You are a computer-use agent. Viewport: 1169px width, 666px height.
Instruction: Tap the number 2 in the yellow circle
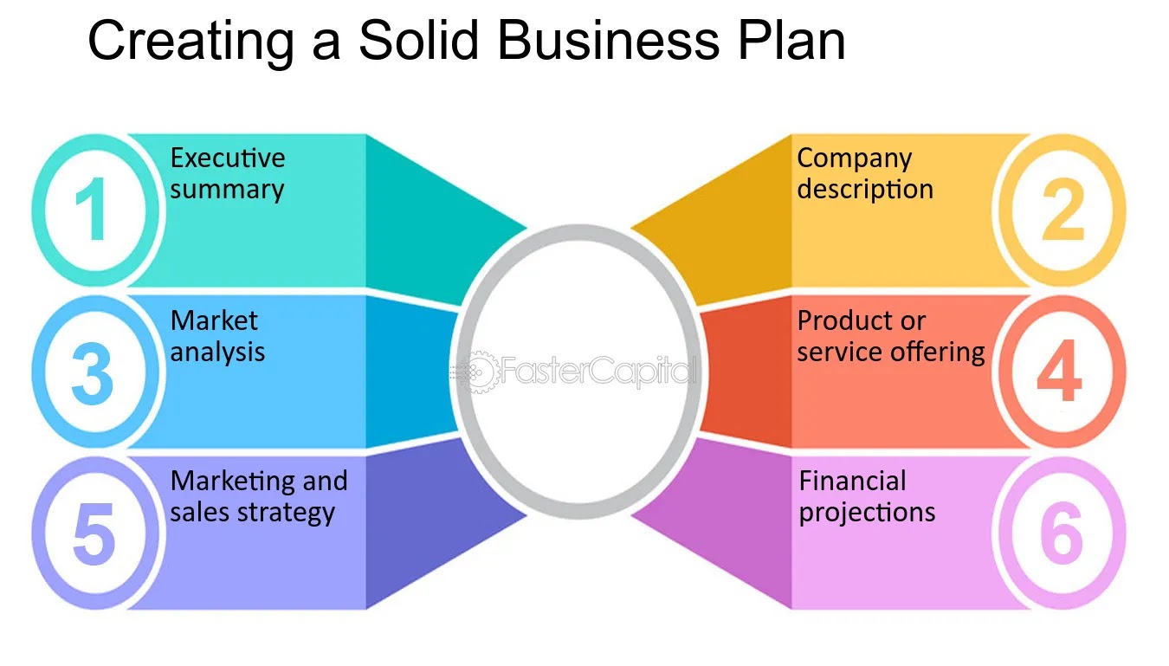tap(1062, 211)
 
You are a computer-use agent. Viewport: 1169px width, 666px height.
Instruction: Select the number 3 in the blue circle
tap(92, 373)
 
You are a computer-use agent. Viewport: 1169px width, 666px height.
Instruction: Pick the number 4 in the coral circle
tap(1059, 373)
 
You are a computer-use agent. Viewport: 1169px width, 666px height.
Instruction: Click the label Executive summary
tap(227, 173)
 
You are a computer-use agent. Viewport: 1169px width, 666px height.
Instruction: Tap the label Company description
tap(864, 173)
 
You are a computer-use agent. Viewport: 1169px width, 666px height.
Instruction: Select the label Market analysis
tap(217, 336)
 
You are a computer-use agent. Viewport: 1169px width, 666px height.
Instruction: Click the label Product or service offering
tap(891, 336)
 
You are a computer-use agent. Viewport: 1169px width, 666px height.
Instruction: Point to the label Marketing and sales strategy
tap(258, 496)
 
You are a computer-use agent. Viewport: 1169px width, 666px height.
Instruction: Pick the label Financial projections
tap(867, 496)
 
